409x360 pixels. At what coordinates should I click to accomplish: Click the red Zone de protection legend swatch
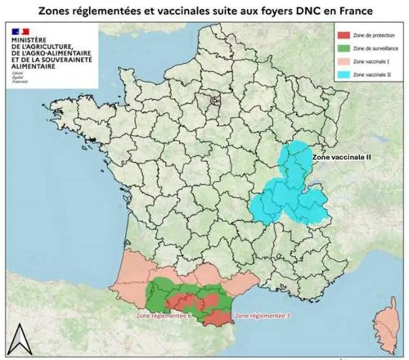pyautogui.click(x=343, y=35)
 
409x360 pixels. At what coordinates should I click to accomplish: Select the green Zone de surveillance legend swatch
pyautogui.click(x=343, y=48)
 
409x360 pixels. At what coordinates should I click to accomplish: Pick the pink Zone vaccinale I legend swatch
pyautogui.click(x=343, y=61)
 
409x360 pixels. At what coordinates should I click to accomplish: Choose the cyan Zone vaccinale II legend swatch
pyautogui.click(x=343, y=73)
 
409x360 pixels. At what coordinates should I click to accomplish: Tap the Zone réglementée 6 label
pyautogui.click(x=163, y=316)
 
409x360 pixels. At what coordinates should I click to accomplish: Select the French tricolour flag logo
pyautogui.click(x=21, y=31)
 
